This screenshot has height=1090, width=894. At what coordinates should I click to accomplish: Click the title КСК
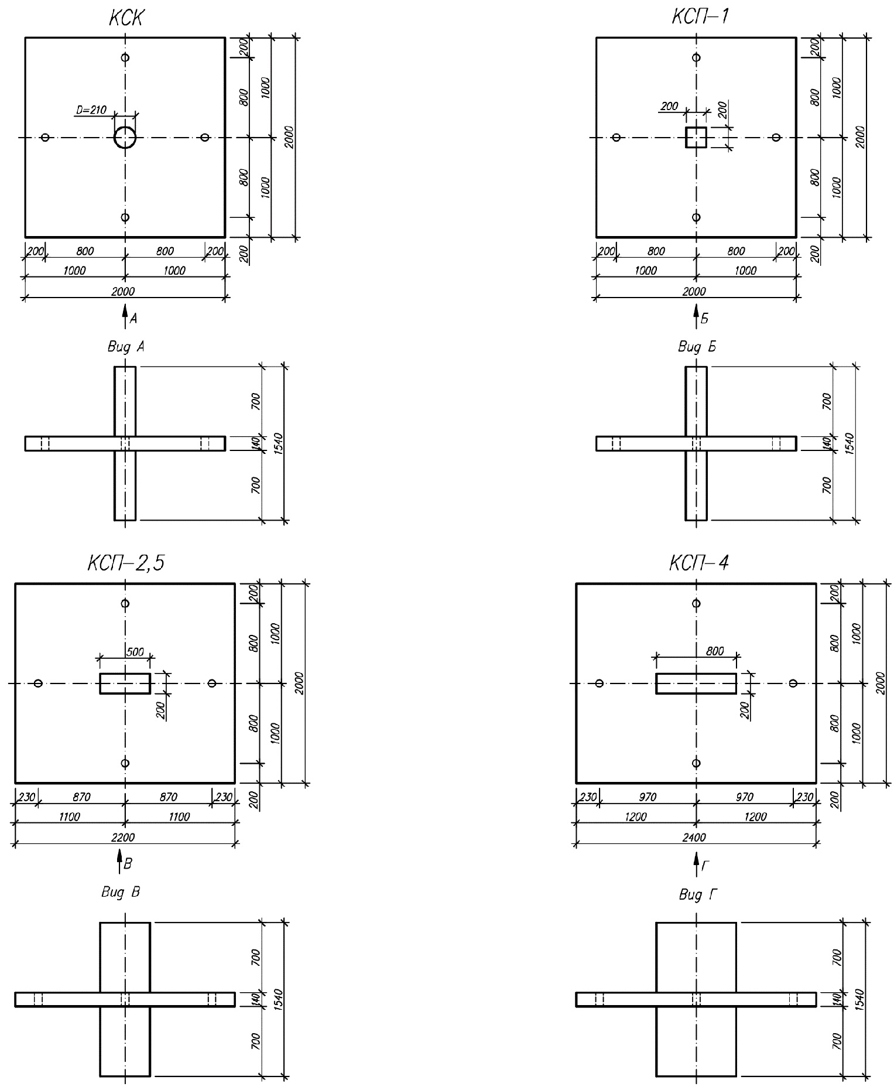[125, 18]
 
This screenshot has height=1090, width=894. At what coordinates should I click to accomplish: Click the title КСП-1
[700, 17]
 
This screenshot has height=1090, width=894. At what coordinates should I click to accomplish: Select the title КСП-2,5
[126, 563]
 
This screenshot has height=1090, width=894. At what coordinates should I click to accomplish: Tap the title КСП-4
[700, 563]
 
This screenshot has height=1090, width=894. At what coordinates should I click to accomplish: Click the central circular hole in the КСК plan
[125, 138]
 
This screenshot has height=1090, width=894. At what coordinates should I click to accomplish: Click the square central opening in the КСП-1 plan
[696, 137]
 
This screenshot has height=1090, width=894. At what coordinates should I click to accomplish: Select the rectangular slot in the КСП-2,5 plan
[125, 684]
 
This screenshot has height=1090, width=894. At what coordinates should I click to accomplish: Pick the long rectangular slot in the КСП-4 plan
[696, 684]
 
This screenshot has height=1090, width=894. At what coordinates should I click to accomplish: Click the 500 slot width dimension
[135, 652]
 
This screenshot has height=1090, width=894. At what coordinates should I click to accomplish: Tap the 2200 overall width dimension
[123, 838]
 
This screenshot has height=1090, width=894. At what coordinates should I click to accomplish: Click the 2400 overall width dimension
[695, 838]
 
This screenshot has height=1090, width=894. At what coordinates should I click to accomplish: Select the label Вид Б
[697, 347]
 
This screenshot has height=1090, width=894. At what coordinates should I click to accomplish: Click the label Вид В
[121, 892]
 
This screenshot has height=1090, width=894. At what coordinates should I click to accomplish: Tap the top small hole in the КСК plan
[125, 57]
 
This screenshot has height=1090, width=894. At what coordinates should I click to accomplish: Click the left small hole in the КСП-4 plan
[599, 683]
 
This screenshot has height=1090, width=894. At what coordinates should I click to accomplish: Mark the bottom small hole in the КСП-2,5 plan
[125, 763]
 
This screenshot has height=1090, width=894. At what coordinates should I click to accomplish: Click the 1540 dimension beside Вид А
[279, 443]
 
